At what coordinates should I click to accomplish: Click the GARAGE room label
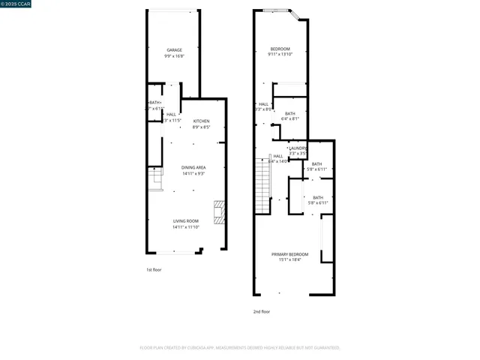[174, 50]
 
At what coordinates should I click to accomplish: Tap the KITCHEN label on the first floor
[202, 121]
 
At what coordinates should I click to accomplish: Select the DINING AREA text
[193, 167]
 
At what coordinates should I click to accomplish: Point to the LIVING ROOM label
[186, 220]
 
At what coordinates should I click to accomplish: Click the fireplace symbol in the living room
[219, 212]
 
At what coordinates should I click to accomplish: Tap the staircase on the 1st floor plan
[155, 179]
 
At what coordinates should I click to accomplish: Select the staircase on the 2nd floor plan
[262, 187]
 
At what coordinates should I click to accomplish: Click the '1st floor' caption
[153, 269]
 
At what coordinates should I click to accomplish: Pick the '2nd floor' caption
[261, 311]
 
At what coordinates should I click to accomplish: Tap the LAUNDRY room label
[298, 148]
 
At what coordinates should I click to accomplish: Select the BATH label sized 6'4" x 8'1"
[289, 113]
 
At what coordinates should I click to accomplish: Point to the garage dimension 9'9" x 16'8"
[174, 56]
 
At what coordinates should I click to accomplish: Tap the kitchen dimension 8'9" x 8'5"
[202, 127]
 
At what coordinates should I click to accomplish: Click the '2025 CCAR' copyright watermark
[16, 4]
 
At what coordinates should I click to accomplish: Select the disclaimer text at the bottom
[240, 347]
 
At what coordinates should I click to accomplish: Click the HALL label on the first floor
[172, 114]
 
